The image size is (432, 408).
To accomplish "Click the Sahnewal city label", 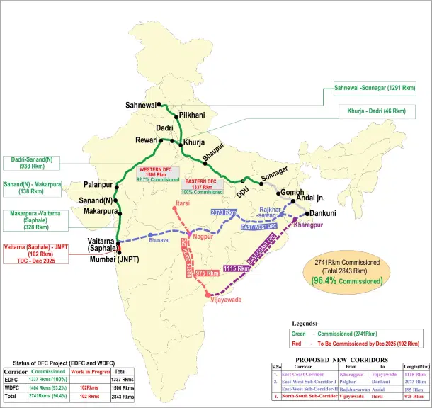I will click(140, 105).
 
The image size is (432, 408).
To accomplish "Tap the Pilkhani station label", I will click(192, 114).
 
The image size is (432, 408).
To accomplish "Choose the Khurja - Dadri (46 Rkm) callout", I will click(376, 111).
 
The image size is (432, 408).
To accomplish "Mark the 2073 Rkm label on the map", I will click(222, 212).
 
